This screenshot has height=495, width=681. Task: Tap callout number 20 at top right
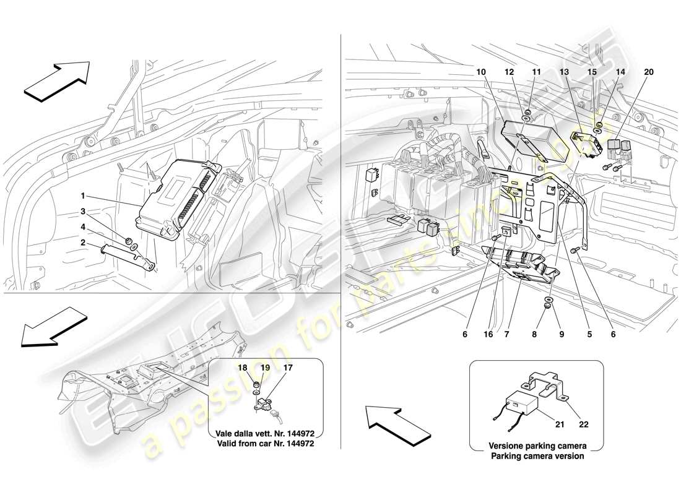point(648,72)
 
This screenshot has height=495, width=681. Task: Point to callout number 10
point(481,72)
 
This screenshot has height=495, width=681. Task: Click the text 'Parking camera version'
point(537,456)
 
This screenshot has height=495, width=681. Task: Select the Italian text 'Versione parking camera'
point(537,446)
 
